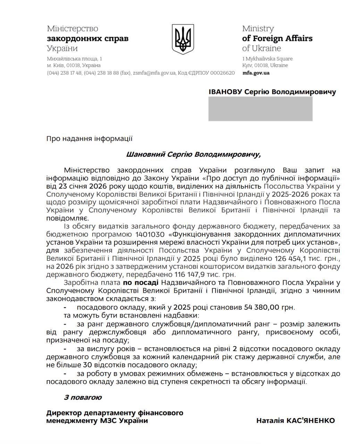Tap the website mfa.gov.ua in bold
pyautogui.click(x=256, y=73)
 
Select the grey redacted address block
pyautogui.click(x=260, y=109)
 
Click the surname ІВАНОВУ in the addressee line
pyautogui.click(x=226, y=92)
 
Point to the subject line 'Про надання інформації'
pyautogui.click(x=90, y=138)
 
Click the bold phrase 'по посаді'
pyautogui.click(x=141, y=283)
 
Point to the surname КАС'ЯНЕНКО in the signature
pyautogui.click(x=310, y=420)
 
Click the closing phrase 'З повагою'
pyautogui.click(x=83, y=397)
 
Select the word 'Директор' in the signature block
pyautogui.click(x=64, y=413)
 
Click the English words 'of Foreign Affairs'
pyautogui.click(x=277, y=38)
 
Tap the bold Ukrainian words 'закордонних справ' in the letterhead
pyautogui.click(x=87, y=38)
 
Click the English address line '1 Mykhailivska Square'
pyautogui.click(x=267, y=59)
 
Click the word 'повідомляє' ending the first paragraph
pyautogui.click(x=67, y=218)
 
